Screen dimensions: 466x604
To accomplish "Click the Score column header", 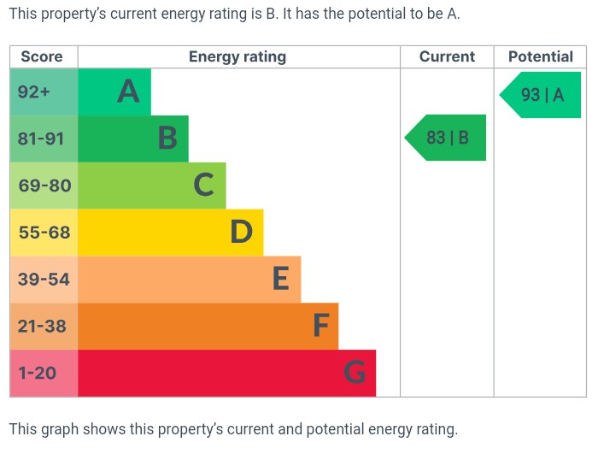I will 42,57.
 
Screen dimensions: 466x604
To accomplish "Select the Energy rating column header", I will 237,57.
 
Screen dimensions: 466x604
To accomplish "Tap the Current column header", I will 447,57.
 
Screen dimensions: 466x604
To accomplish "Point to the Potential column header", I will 540,57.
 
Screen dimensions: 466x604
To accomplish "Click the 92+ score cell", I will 35,91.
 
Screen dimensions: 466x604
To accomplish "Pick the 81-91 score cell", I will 42,139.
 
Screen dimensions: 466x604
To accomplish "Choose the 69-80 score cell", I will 44,186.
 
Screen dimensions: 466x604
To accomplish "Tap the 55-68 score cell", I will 44,233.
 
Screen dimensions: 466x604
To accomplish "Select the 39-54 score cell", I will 44,280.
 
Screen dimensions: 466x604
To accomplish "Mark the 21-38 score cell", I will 43,326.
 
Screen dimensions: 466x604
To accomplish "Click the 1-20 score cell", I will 38,373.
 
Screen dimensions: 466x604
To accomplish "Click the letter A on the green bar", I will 128,91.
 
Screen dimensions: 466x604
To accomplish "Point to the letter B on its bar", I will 167,139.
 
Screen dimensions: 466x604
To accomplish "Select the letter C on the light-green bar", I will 203,185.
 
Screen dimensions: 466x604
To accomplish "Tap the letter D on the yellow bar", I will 241,232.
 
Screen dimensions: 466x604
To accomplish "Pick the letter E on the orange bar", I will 280,279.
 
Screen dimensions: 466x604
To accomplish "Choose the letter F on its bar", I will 320,326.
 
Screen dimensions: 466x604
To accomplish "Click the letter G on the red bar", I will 355,373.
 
